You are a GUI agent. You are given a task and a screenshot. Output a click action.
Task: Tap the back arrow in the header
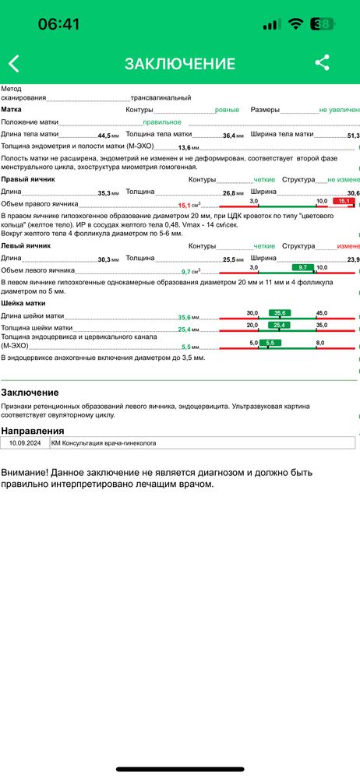13,64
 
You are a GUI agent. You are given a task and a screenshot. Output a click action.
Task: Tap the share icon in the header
322,63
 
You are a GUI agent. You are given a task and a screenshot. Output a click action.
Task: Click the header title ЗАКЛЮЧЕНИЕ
179,64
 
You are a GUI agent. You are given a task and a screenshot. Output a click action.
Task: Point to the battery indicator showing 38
323,24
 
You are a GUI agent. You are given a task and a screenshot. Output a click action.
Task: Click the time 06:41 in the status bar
59,24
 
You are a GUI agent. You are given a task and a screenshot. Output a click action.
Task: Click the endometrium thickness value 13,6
184,147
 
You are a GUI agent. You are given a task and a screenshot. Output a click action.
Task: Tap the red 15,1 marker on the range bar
341,201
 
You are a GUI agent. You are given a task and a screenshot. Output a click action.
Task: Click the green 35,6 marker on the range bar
278,313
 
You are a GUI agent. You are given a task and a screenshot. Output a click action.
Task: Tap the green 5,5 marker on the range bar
270,343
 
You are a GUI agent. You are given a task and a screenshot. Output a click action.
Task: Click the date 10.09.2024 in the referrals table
25,442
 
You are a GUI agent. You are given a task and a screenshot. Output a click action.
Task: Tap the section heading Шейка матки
23,303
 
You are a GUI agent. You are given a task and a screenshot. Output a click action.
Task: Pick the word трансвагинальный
161,98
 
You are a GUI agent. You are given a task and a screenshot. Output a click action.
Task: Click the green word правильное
162,122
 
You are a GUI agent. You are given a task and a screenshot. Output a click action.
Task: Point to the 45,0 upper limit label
321,313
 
